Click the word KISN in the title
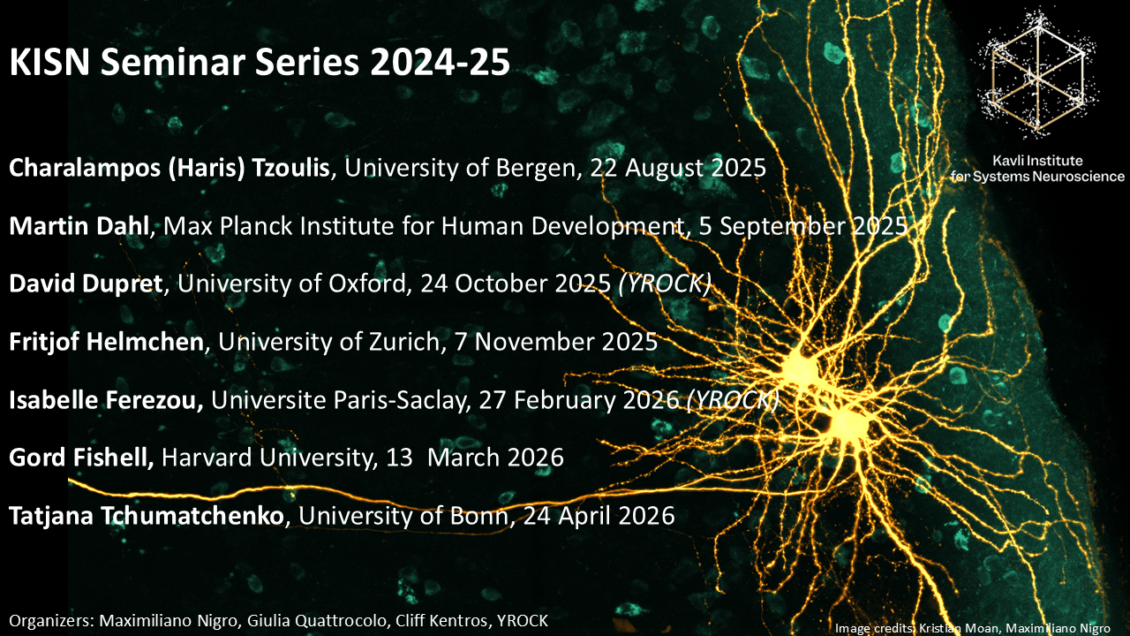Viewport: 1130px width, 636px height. [x=49, y=62]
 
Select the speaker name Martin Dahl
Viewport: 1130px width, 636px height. [x=79, y=225]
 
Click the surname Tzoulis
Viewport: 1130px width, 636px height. [x=290, y=168]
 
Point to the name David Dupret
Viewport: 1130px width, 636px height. [x=86, y=284]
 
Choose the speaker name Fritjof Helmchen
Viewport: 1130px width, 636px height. [x=107, y=342]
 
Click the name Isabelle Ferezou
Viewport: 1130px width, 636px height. [x=106, y=400]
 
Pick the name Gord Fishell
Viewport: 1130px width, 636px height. [x=81, y=458]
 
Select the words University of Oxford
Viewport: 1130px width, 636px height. [x=291, y=284]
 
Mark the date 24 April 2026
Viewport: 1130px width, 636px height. [x=599, y=515]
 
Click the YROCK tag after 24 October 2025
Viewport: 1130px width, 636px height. [x=665, y=284]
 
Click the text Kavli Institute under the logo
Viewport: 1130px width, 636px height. [x=1037, y=161]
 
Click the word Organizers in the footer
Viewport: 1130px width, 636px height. [x=50, y=621]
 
